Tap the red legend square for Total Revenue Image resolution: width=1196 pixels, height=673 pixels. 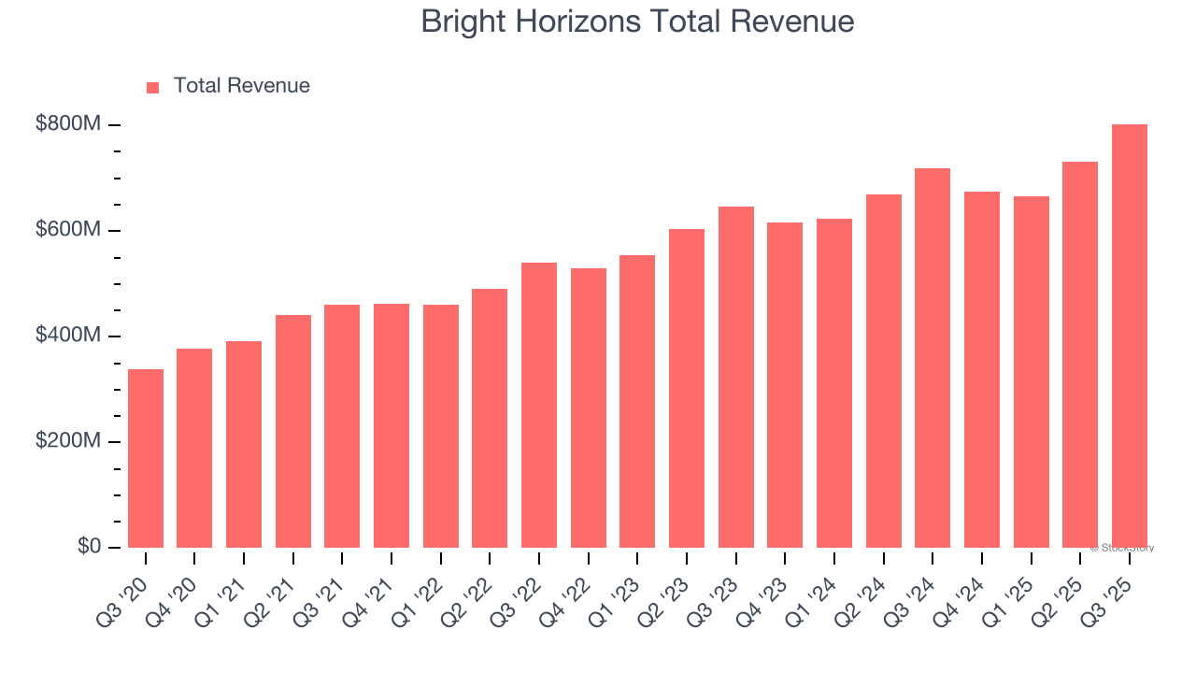(153, 87)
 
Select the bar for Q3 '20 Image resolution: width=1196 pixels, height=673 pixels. (146, 458)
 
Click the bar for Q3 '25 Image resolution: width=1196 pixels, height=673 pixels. (1129, 336)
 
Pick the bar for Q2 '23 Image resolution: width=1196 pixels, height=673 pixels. (687, 388)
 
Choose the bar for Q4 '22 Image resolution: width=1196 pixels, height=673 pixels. (589, 408)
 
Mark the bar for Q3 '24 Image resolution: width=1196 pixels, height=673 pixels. (933, 358)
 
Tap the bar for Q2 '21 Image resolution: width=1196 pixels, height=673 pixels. (293, 431)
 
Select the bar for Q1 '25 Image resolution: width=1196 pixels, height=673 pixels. (1031, 372)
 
